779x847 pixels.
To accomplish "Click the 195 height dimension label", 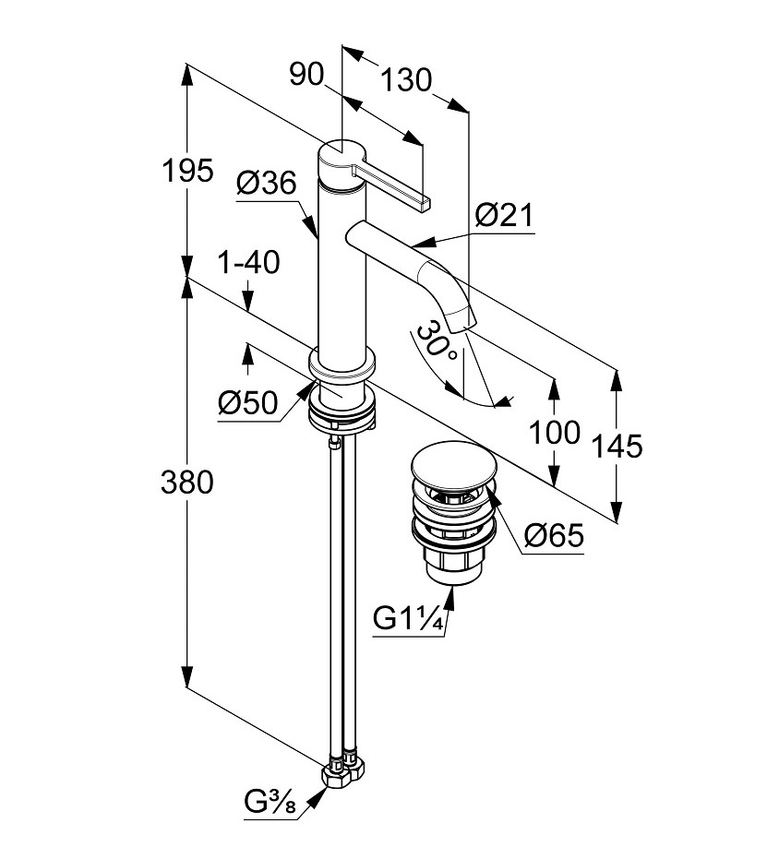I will (187, 171).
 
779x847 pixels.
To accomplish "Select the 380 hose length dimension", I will (187, 482).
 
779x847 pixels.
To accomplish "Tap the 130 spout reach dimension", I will (406, 81).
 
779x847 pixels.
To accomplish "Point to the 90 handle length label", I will (307, 75).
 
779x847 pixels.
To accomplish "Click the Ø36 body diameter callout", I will (266, 184).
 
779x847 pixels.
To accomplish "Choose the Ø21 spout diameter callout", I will (505, 216).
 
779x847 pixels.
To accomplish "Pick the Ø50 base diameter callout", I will (248, 402).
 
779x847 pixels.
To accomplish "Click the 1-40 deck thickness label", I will (247, 263).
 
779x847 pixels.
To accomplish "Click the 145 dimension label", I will (616, 447).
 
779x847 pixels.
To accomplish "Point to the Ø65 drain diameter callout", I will (554, 535).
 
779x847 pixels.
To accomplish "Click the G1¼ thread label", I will (410, 618).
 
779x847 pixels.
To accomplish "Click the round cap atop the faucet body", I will (342, 153).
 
